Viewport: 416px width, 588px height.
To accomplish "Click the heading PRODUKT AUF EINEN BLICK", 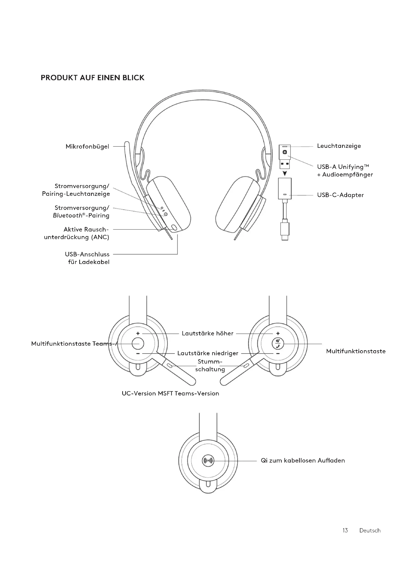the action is (93, 78).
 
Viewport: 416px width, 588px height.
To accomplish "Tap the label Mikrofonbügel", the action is (87, 147).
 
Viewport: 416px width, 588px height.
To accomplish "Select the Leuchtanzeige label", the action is (339, 146).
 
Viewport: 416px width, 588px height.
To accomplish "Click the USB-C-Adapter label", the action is (340, 195).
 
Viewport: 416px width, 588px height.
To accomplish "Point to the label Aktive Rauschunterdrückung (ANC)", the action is (77, 233).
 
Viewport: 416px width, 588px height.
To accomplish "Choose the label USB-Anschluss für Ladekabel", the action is (87, 258).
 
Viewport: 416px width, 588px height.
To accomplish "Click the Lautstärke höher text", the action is (207, 333).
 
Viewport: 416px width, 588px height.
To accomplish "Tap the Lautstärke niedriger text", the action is (208, 353).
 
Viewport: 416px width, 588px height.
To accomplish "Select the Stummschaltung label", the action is (210, 366).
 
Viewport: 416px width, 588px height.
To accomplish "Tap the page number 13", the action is (345, 530).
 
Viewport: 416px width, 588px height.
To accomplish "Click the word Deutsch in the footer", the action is (370, 531).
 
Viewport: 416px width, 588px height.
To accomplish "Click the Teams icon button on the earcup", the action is (278, 344).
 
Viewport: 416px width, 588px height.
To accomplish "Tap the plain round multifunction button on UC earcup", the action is (138, 343).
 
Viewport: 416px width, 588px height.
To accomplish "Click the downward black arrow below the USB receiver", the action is (285, 173).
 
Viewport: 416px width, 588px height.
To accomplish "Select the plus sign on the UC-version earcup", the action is (138, 333).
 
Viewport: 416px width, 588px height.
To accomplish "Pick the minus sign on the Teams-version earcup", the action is (278, 354).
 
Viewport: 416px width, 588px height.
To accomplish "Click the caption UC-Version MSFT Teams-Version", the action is (170, 394).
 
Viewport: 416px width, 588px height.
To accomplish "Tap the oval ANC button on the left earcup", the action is (174, 228).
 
